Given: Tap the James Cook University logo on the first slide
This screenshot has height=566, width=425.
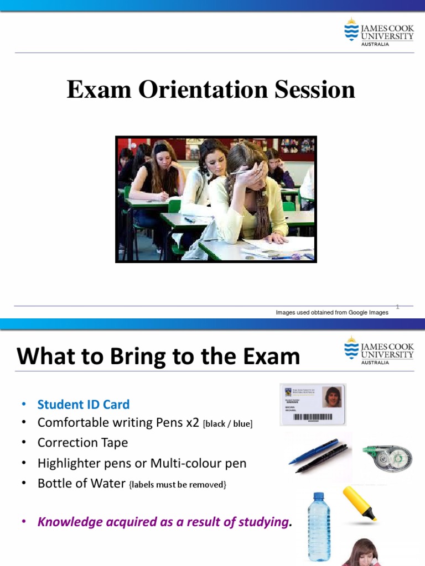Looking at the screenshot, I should click(x=379, y=33).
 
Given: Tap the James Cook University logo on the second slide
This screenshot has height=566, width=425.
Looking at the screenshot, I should click(x=379, y=351).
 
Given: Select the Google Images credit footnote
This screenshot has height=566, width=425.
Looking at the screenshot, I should click(x=332, y=312).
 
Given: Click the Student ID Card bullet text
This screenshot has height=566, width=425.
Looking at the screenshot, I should click(x=84, y=404).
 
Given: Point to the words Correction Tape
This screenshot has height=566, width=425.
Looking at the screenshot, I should click(x=82, y=442).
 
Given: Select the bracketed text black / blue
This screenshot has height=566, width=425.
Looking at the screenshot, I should click(x=228, y=424).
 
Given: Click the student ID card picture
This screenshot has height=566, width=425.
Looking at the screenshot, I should click(x=313, y=404).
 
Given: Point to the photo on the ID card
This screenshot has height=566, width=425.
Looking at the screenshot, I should click(x=332, y=396).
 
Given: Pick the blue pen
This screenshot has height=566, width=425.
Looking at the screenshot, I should click(x=313, y=451).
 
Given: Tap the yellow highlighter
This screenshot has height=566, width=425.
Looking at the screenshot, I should click(x=360, y=503).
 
